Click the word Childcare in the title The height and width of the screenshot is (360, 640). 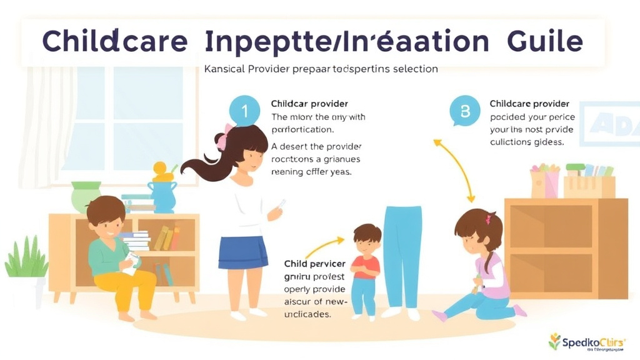point(114,42)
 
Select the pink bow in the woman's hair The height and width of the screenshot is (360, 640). point(222,139)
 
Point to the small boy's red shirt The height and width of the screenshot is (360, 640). point(366,266)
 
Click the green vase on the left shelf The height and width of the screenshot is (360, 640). point(86,196)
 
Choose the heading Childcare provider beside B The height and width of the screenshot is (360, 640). point(529,104)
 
